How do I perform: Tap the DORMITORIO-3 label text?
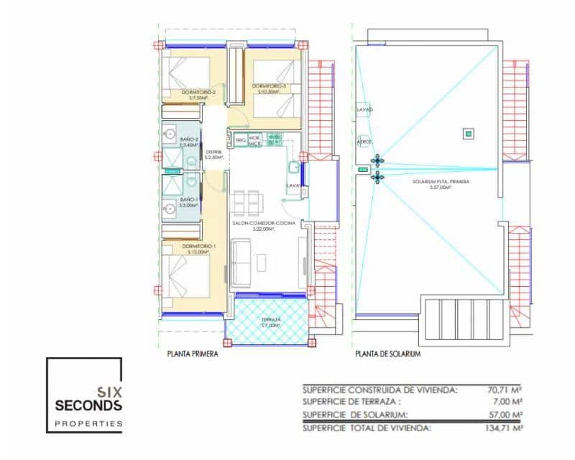269,87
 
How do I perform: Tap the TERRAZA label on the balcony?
270,321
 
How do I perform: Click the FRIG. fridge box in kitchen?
240,139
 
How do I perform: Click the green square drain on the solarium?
468,133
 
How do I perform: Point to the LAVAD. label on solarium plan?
364,110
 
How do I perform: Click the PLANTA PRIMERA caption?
191,354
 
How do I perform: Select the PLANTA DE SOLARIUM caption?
387,354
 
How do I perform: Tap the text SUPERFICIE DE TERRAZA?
349,402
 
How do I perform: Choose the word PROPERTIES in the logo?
88,424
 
